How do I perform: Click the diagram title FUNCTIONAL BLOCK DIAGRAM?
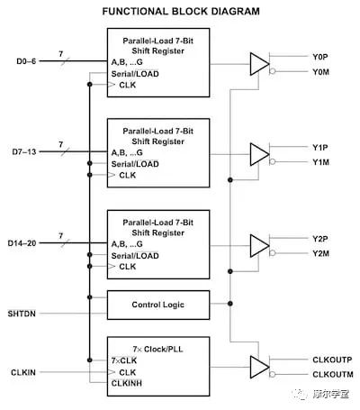pyautogui.click(x=180, y=12)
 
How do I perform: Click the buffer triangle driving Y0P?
pyautogui.click(x=258, y=63)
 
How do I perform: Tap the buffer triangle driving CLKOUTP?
pyautogui.click(x=258, y=366)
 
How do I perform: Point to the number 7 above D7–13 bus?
pyautogui.click(x=61, y=143)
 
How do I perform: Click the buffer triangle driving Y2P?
pyautogui.click(x=258, y=246)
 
